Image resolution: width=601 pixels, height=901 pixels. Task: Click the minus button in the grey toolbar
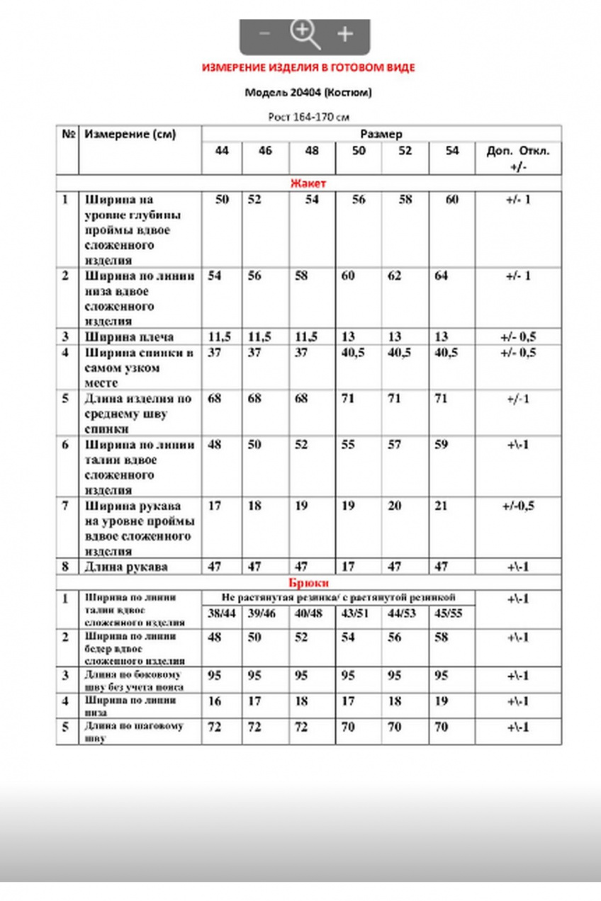(x=264, y=34)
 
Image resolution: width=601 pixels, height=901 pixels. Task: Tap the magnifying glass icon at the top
(x=305, y=34)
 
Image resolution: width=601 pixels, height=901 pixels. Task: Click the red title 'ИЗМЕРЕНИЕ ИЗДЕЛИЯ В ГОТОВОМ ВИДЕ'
(x=308, y=67)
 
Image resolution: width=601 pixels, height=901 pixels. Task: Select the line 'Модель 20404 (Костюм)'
(x=308, y=92)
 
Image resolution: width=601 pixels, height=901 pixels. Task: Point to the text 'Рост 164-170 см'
(x=308, y=117)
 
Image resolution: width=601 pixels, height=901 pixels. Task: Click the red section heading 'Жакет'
(x=308, y=183)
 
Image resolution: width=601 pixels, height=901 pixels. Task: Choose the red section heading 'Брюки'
(x=308, y=582)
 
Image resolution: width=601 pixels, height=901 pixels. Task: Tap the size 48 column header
(x=312, y=150)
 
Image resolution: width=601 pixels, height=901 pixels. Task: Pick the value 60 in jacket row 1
(x=451, y=200)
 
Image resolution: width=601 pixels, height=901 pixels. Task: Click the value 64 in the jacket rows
(x=442, y=276)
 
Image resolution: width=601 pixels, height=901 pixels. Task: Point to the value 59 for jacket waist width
(x=442, y=445)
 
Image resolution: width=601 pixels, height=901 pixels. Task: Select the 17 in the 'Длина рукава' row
(x=348, y=567)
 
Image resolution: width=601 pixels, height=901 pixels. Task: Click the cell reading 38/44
(x=220, y=613)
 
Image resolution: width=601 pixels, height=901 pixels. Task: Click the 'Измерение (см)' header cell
(x=130, y=134)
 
